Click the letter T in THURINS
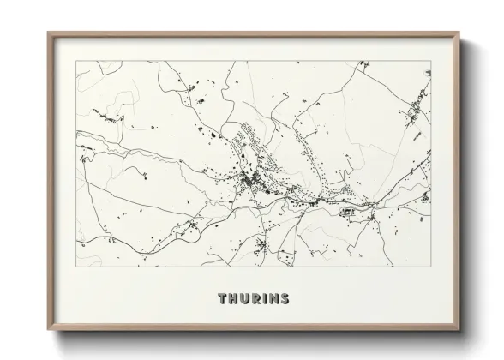coord(223,299)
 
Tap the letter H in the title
coord(234,299)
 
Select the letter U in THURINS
coord(245,299)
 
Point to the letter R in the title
coord(255,299)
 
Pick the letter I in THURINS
coord(264,299)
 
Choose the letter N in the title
coord(273,299)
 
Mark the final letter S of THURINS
coord(284,299)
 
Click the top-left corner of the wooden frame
coord(48,33)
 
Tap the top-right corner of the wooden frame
coord(460,33)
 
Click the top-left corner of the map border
coord(76,61)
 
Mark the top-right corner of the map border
coord(430,61)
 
